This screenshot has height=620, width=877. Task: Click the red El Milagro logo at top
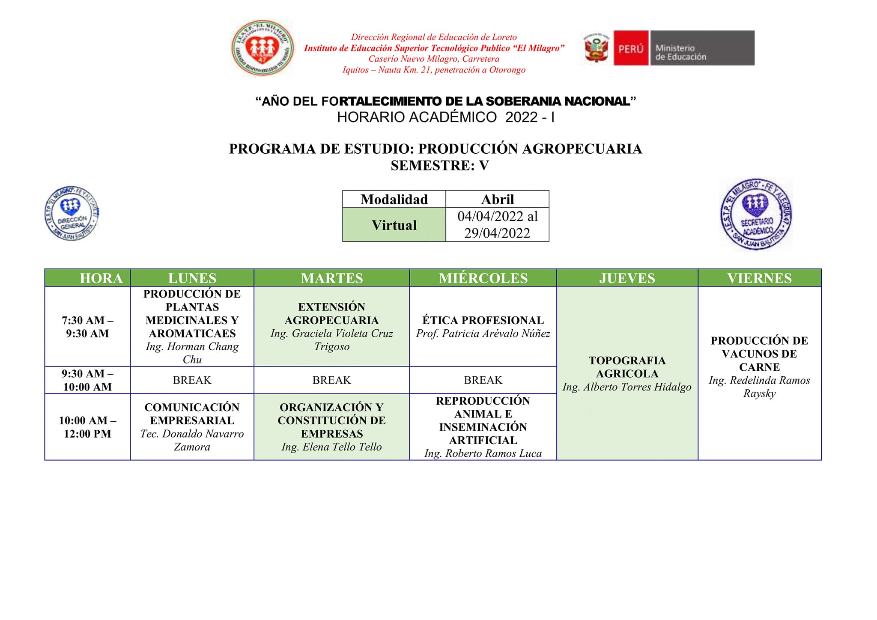(x=263, y=48)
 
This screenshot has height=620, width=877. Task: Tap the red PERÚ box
(x=631, y=48)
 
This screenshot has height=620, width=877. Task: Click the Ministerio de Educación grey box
(x=702, y=48)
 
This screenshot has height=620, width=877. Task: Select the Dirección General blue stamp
(x=72, y=213)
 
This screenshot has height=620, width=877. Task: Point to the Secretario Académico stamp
(x=756, y=214)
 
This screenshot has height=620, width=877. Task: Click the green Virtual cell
(x=394, y=225)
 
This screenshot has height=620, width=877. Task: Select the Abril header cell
(x=497, y=199)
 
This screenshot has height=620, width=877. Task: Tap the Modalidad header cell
(x=394, y=199)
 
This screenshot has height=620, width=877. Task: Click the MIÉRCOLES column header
(x=483, y=278)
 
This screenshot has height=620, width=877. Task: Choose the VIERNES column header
(x=759, y=278)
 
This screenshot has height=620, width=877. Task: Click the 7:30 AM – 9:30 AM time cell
(x=87, y=327)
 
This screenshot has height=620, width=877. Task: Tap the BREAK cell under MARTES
(x=331, y=380)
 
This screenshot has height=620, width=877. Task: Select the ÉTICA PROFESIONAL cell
(x=483, y=326)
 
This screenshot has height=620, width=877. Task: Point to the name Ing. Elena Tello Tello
(x=331, y=447)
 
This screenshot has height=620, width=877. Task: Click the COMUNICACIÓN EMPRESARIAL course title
(x=192, y=414)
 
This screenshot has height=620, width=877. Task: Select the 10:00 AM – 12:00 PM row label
(x=87, y=427)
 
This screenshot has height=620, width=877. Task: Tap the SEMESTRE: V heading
(x=439, y=165)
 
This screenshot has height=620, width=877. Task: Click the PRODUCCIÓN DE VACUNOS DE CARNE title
(x=759, y=354)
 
